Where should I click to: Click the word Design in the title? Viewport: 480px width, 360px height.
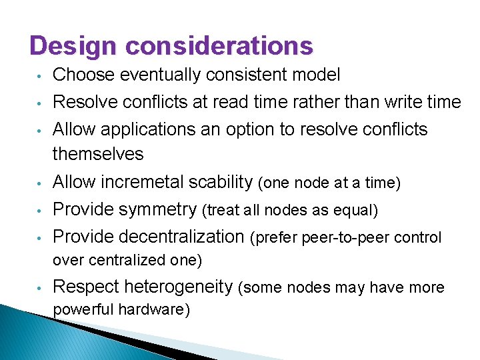coord(73,46)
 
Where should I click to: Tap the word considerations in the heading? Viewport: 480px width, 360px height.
coord(219,46)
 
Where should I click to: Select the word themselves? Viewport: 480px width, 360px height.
coord(98,154)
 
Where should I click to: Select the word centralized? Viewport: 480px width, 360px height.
coord(125,260)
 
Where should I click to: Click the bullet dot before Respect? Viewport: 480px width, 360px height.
coord(40,288)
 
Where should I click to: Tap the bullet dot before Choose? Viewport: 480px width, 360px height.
coord(40,76)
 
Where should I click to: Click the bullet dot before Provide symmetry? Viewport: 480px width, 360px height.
coord(40,211)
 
